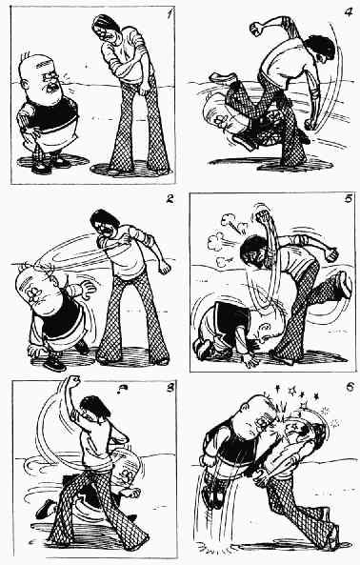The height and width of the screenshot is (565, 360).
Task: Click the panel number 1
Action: click(169, 15)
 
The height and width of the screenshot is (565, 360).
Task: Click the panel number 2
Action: click(170, 199)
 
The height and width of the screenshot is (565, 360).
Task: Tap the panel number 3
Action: click(170, 388)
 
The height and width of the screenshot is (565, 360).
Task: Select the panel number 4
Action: click(349, 12)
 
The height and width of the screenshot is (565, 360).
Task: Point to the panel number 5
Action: click(348, 198)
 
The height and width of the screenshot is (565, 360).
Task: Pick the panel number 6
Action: click(350, 388)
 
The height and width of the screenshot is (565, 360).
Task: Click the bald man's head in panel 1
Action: click(40, 77)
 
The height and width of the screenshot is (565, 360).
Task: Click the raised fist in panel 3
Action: click(73, 381)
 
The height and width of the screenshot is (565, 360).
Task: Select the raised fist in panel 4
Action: click(257, 28)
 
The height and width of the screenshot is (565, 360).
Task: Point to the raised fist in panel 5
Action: click(263, 215)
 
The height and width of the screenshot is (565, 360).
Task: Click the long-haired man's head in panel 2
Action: click(105, 224)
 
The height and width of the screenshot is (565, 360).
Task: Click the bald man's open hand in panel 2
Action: click(88, 289)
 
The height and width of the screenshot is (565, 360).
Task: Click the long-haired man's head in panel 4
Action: click(320, 49)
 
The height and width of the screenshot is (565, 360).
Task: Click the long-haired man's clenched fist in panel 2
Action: click(165, 268)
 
